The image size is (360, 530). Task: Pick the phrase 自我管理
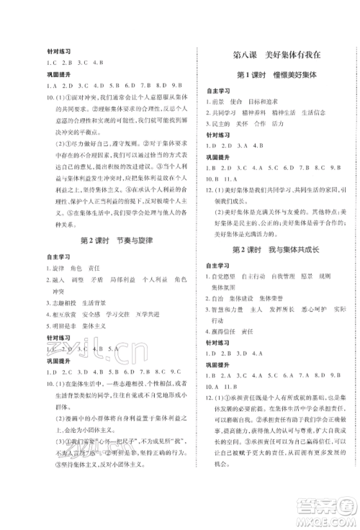[282, 277]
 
